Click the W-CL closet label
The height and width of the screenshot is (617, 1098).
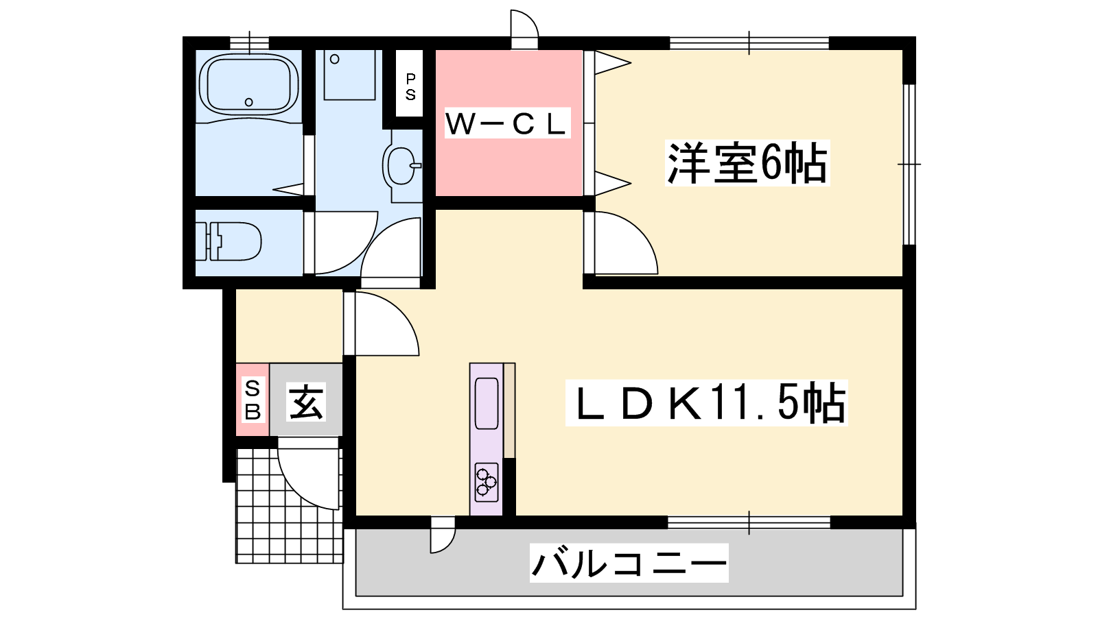pos(507,123)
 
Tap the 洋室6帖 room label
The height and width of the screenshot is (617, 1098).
pos(747,163)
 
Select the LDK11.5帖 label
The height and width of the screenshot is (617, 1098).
pos(706,403)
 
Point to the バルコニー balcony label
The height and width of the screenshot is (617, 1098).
pos(629,564)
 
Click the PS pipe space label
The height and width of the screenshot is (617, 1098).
pos(410,86)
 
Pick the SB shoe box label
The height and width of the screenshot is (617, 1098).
pos(253,400)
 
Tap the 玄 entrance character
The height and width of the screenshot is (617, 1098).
pos(306,401)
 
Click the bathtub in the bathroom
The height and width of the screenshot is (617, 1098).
pos(248,86)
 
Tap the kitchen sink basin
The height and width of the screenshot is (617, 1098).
pos(487,403)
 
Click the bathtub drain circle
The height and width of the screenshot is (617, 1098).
pos(249,102)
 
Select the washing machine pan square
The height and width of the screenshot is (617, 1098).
pos(349,75)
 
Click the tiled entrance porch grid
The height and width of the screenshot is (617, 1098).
pos(274,521)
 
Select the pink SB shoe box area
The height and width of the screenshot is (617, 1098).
pos(253,400)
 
